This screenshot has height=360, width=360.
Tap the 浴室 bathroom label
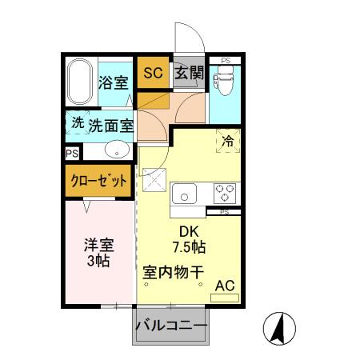pyautogui.click(x=114, y=82)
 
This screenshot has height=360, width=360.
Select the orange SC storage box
pyautogui.click(x=153, y=73)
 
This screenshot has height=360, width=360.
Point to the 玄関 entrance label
pyautogui.click(x=188, y=74)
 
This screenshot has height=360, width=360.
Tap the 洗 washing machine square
pyautogui.click(x=77, y=123)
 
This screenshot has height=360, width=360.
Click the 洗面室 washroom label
pyautogui.click(x=110, y=125)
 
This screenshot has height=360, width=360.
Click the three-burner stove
pyautogui.click(x=223, y=194)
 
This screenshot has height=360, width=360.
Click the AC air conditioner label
pyautogui.click(x=225, y=286)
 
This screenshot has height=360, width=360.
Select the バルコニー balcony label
pyautogui.click(x=170, y=326)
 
